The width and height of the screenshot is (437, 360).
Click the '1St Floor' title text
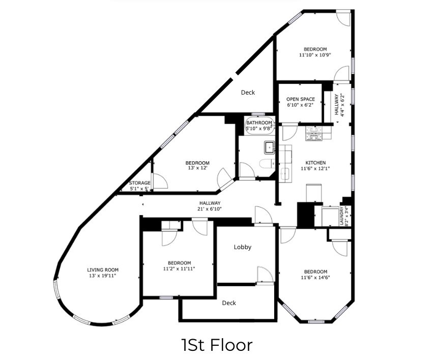coord(217,345)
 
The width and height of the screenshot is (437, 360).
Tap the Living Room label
coord(103,269)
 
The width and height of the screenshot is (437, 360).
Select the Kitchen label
coord(315,163)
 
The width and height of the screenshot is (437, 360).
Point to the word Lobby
coord(243,247)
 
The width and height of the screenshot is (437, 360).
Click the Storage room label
coord(139,183)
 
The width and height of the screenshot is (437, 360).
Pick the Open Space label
coord(301,99)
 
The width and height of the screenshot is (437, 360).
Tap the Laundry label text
coord(342,216)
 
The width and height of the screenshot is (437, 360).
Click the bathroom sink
coord(270,147)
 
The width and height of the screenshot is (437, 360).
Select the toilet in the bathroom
coord(267,164)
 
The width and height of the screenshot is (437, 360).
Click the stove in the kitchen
coord(314,133)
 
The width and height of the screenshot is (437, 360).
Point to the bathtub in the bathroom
coord(259,126)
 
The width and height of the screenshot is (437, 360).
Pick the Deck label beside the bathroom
coord(248,93)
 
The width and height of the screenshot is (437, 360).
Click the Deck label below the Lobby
coord(229,303)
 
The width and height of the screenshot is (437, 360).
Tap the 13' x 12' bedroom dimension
coord(197,168)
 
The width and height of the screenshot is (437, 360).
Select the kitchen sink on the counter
coord(284,175)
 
